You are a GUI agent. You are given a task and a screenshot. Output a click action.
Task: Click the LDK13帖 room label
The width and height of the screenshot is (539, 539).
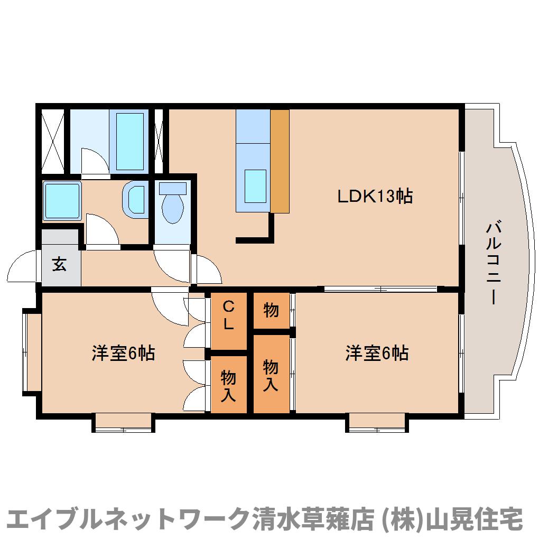tap(375, 197)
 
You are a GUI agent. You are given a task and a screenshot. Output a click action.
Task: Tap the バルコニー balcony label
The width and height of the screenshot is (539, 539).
tap(494, 263)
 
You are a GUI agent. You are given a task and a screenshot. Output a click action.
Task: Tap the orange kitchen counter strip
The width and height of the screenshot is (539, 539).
tap(280, 161)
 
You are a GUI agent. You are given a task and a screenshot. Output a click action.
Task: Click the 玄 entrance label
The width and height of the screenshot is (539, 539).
tap(59, 264)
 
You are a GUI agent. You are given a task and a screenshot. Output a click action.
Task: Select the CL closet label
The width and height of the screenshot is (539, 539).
tap(228, 315)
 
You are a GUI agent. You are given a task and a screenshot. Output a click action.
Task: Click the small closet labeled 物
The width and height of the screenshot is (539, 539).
tap(271, 310)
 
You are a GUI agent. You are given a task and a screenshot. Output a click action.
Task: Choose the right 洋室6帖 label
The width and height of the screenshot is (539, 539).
tap(377, 352)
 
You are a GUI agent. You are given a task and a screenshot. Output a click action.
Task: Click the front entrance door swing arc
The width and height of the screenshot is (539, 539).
tap(24, 267)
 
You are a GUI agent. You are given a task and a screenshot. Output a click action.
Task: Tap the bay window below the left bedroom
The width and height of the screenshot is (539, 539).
tap(123, 423)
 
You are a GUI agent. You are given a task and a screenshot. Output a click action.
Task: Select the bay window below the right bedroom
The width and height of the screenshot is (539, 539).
tap(377, 423)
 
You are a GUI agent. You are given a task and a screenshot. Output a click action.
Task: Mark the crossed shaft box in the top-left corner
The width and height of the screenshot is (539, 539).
tap(53, 140)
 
